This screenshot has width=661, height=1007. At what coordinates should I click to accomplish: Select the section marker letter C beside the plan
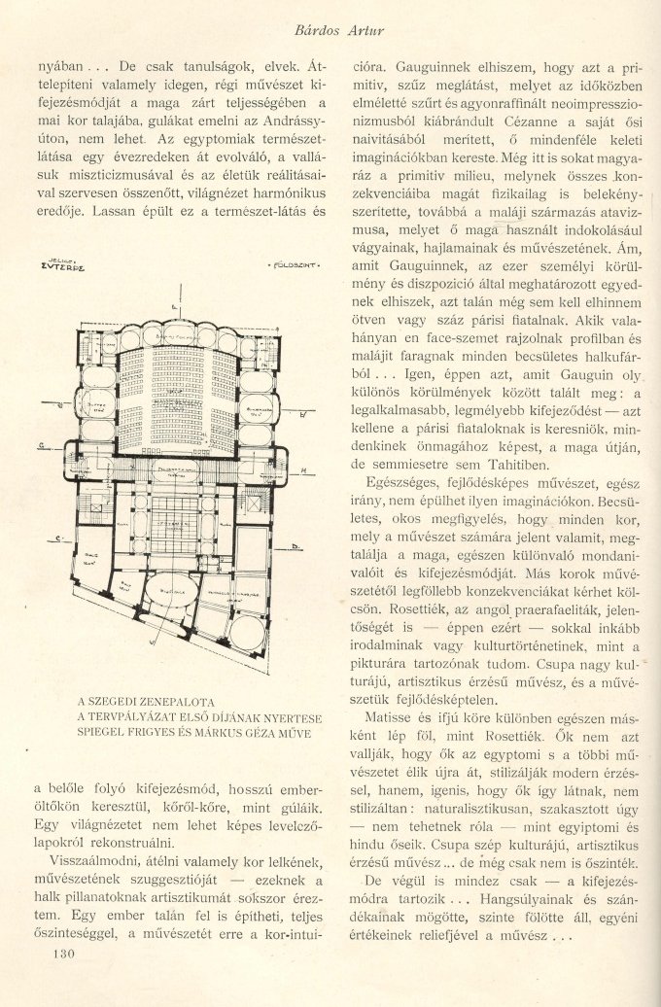pos(59,538)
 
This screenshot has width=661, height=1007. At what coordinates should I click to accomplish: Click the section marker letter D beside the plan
pos(293,547)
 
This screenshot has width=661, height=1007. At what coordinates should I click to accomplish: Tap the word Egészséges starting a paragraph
pos(400,483)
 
